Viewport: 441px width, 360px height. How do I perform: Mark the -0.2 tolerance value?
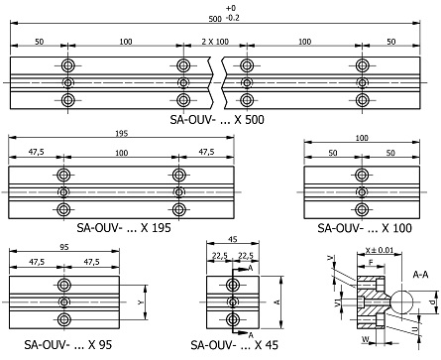coord(231,18)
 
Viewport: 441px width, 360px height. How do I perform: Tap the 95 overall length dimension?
coord(62,245)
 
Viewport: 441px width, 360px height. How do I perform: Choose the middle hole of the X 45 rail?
coord(231,301)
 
